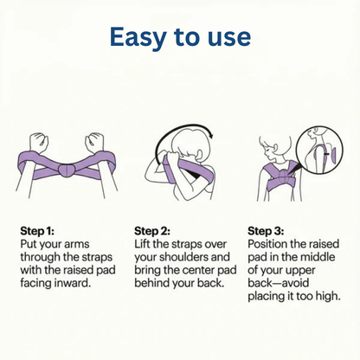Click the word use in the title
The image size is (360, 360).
click(228, 36)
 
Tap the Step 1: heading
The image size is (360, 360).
click(38, 231)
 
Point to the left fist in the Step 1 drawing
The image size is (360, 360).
click(37, 141)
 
